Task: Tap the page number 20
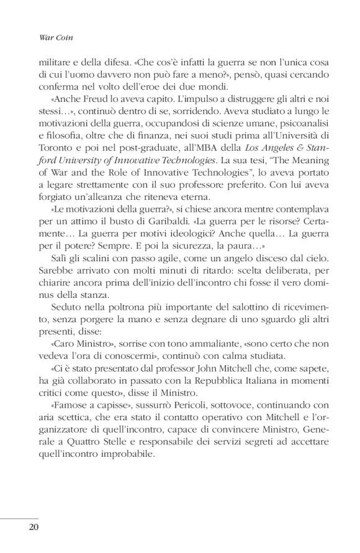[34, 527]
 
